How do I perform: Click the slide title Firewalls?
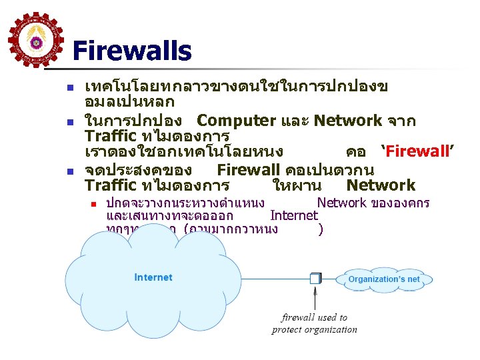tap(131, 51)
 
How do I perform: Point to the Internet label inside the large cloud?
tap(153, 277)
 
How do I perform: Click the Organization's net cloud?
tap(384, 279)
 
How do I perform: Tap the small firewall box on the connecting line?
tap(315, 278)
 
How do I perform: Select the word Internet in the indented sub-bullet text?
tap(293, 215)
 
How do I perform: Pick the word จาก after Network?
tap(401, 121)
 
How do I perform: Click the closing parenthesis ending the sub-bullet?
tap(321, 230)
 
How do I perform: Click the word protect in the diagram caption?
tap(287, 329)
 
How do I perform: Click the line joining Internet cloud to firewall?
tap(267, 278)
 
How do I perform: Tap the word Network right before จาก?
tap(348, 121)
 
